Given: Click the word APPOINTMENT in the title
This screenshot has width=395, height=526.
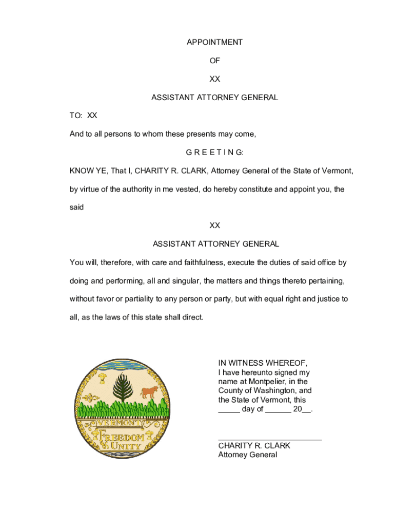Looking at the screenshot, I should tap(214, 42).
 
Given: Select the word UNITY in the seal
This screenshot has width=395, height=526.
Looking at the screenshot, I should tap(124, 446).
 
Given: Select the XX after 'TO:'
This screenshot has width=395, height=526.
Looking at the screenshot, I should tap(92, 116).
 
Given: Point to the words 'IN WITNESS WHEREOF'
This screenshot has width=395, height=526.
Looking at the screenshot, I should tap(263, 363).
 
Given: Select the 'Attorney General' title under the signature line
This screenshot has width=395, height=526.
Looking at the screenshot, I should tap(247, 455).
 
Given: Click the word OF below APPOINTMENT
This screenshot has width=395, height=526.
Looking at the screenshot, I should tap(214, 61).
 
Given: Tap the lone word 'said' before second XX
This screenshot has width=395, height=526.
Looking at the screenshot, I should tap(76, 208).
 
